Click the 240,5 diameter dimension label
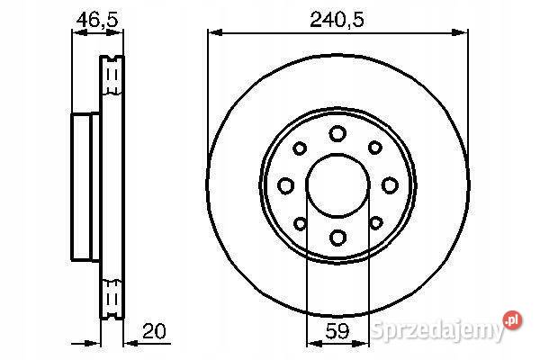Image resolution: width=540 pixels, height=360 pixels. (337, 20)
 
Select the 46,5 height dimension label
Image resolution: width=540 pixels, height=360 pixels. (97, 20)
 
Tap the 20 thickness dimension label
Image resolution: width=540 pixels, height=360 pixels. (154, 330)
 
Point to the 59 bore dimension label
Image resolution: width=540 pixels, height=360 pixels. (337, 330)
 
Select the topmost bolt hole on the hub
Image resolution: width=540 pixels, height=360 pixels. (337, 133)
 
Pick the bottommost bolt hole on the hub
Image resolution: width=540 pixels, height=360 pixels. (337, 238)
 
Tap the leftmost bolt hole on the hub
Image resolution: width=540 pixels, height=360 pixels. (285, 185)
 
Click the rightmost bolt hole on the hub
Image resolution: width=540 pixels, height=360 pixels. (390, 185)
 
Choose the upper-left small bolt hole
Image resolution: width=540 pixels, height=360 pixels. (300, 148)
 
